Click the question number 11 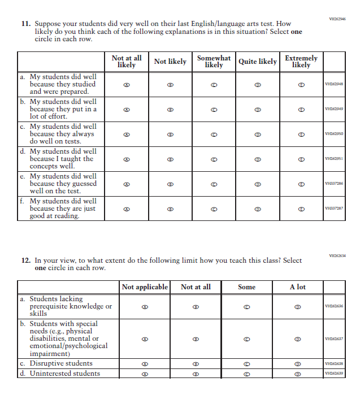coord(25,24)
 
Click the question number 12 coord(25,261)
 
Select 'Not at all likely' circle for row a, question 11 coord(127,84)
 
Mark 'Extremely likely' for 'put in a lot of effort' coord(301,109)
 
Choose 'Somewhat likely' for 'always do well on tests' coord(214,134)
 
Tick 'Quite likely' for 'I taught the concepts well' coord(258,159)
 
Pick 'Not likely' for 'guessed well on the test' coord(170,184)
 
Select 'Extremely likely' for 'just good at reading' coord(301,209)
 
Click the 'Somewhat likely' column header coord(214,62)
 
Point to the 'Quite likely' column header coord(258,62)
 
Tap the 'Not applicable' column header coord(145,287)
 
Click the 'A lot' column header coord(297,287)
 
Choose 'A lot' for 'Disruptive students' coord(297,364)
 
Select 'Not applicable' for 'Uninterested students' coord(145,374)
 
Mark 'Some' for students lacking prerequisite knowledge coord(246,307)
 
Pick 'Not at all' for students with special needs coord(196,339)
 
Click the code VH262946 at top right coord(337,19)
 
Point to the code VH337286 coord(334,184)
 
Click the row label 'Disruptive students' coord(60,363)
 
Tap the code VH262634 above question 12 coord(337,255)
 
